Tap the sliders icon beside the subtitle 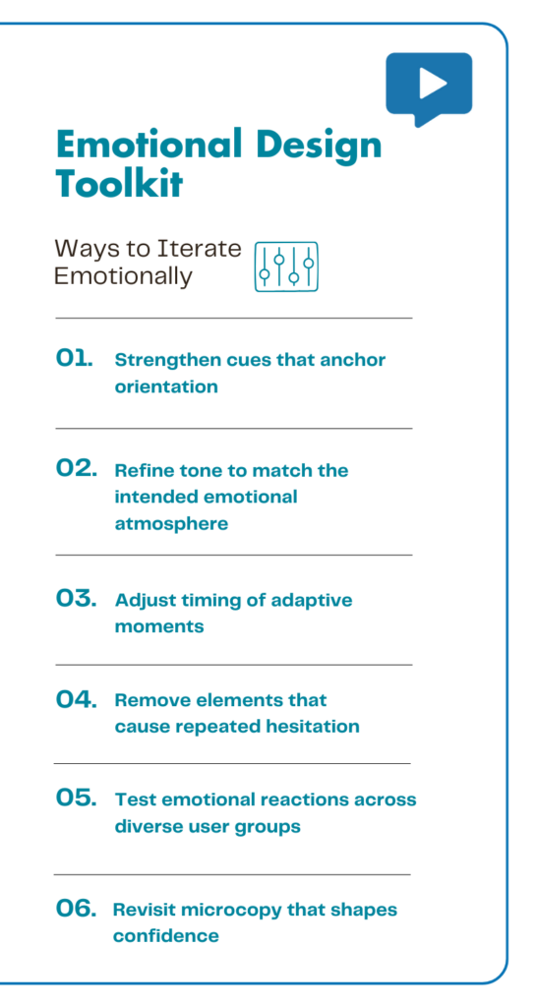(x=286, y=267)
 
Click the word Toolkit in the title (x=118, y=184)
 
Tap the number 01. (x=75, y=360)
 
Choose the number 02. (x=76, y=470)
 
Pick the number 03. (x=76, y=599)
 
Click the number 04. (x=76, y=700)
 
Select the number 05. (x=76, y=799)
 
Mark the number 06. (x=76, y=910)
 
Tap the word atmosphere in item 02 (x=171, y=524)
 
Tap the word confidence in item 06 (x=165, y=936)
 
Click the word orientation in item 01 (x=166, y=386)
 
